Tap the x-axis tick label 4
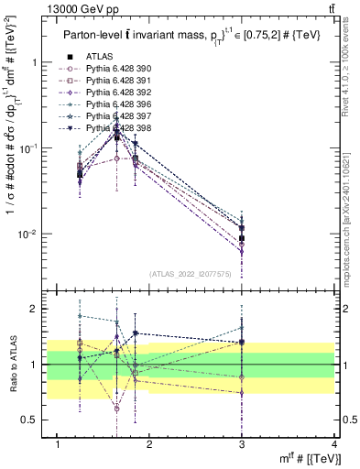coord(334,445)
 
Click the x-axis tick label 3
coord(242,445)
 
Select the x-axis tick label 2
coord(149,445)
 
